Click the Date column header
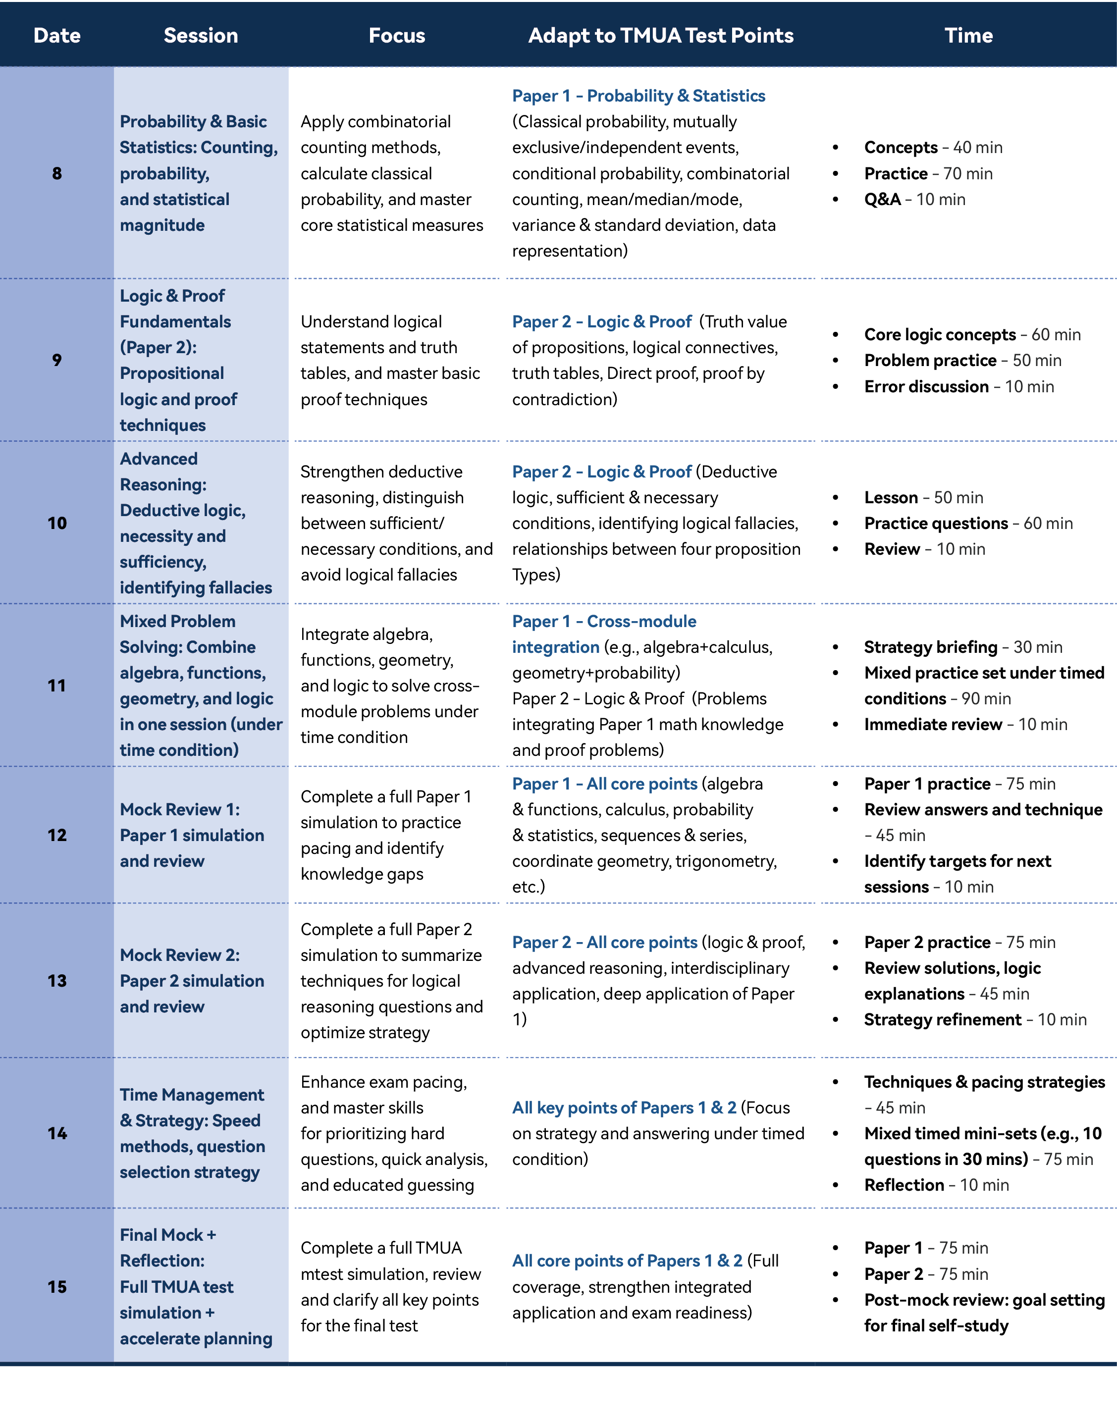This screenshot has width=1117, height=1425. coord(57,35)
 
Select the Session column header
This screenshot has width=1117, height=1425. coord(201,35)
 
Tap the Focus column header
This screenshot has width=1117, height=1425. coord(397,35)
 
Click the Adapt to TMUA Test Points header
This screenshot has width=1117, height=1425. coord(660,35)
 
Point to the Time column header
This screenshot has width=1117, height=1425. coord(968,35)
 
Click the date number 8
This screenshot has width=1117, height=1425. coord(57,173)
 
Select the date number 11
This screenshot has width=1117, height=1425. coord(57,686)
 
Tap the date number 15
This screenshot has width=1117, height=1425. coord(57,1286)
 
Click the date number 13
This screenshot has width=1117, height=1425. coord(57,980)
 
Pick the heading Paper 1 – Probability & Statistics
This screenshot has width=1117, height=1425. coord(638,96)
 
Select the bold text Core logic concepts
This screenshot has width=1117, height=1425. coord(940,335)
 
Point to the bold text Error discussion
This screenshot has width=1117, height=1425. coord(926,386)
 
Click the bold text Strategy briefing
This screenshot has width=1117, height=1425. coord(930,647)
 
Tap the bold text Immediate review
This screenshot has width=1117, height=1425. coord(933,724)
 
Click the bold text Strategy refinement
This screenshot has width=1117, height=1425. coord(942,1019)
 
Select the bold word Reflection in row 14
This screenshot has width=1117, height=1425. coord(904,1185)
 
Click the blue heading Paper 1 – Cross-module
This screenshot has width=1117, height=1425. coord(604,621)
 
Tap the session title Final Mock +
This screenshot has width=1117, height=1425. coord(167,1235)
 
